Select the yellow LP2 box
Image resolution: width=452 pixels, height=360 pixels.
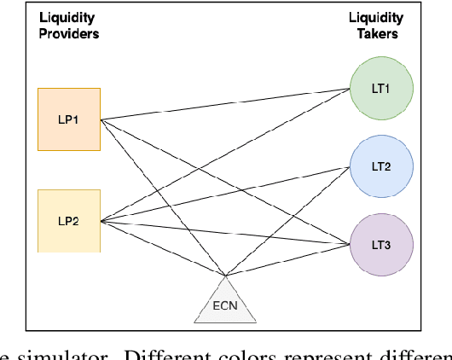69,220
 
